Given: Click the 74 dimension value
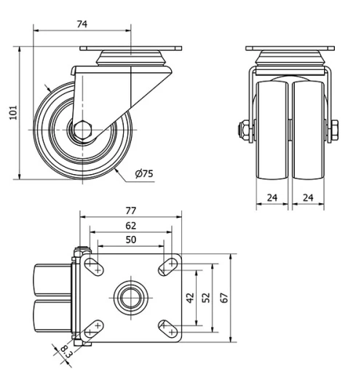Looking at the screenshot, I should coord(82,24).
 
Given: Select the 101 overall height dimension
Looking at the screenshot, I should coord(12,113).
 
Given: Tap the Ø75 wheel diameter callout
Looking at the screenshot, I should coord(144,173).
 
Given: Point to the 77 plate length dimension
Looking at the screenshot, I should coord(130,210).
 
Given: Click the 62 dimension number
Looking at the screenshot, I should coord(130,226).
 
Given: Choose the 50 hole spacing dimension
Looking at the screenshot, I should coord(130,240).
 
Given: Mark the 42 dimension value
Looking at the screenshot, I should coord(191,299).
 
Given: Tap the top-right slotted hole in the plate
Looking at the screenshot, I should coord(170,266).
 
